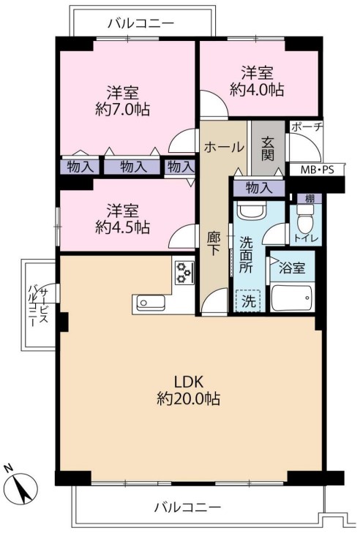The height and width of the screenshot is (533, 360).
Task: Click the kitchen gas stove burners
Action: tap(184, 272)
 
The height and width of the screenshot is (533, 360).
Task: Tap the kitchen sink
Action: tap(151, 303)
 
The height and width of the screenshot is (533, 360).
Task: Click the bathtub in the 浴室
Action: tap(291, 298)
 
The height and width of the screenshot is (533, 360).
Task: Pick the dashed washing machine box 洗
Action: tap(248, 300)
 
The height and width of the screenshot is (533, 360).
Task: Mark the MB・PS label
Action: tap(316, 170)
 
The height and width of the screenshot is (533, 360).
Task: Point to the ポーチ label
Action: tap(307, 126)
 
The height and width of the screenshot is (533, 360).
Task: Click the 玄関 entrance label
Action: tap(268, 148)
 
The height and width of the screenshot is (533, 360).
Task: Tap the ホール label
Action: tap(224, 147)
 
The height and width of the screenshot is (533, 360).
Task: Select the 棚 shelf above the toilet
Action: tap(310, 199)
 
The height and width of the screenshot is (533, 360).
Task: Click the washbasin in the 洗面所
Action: tap(251, 211)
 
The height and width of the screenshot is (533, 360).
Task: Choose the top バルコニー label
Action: tap(141, 23)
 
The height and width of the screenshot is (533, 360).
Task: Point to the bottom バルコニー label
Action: tap(188, 507)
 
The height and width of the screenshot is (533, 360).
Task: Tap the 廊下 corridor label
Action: tap(214, 243)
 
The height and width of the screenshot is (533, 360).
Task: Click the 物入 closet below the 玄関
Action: tap(259, 188)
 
